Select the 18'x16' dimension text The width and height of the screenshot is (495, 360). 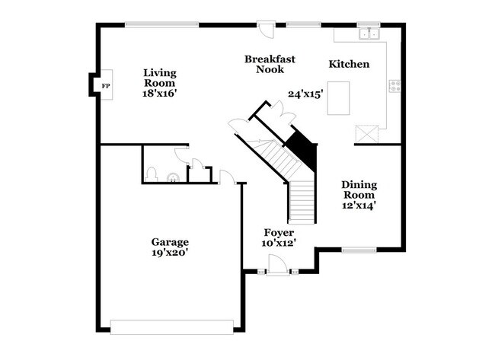(x=160, y=94)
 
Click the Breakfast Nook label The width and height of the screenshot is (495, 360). (x=270, y=64)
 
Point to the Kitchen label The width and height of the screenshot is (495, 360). (x=349, y=64)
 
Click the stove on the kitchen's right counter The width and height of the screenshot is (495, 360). (x=394, y=86)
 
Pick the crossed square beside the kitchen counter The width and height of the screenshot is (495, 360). (x=366, y=133)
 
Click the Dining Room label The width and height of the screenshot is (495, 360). (x=359, y=189)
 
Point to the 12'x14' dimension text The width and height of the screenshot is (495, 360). (x=359, y=204)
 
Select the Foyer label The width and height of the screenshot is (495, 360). (x=279, y=231)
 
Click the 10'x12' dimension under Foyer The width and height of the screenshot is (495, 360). (x=279, y=243)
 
